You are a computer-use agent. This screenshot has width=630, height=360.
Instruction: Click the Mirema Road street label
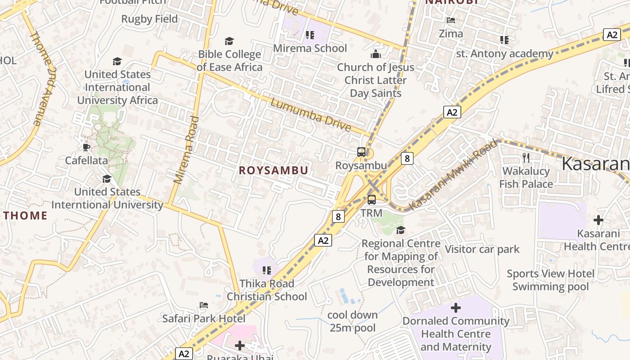[186, 150]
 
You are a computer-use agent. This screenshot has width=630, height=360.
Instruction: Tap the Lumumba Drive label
[310, 115]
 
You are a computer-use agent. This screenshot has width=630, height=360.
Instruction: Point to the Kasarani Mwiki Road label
[453, 175]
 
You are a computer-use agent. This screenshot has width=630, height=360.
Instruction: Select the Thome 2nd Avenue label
[43, 79]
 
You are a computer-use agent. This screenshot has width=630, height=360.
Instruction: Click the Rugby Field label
[149, 19]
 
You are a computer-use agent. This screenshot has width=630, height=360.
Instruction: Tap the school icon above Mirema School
[310, 35]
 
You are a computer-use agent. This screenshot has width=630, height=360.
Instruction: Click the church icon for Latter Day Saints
[375, 54]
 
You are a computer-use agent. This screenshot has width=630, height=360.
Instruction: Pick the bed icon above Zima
[450, 20]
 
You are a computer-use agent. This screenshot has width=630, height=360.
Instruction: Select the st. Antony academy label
[504, 54]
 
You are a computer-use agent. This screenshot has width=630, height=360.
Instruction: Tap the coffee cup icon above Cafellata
[86, 147]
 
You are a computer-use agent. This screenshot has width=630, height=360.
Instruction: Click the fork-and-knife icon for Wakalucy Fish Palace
[526, 158]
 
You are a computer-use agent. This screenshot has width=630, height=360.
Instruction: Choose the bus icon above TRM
[372, 200]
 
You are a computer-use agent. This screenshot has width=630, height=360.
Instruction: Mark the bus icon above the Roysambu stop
[361, 152]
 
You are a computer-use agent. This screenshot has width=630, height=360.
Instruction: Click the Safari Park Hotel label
[204, 319]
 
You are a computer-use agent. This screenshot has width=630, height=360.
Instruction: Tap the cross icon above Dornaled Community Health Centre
[456, 308]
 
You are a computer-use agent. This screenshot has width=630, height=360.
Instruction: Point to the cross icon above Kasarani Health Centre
[598, 220]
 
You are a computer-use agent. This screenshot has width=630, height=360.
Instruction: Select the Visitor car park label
[482, 249]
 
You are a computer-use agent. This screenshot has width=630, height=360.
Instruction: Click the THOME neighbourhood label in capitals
[26, 216]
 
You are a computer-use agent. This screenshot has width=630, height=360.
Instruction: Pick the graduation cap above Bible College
[229, 41]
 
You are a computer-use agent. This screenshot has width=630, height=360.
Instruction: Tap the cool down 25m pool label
[352, 321]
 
